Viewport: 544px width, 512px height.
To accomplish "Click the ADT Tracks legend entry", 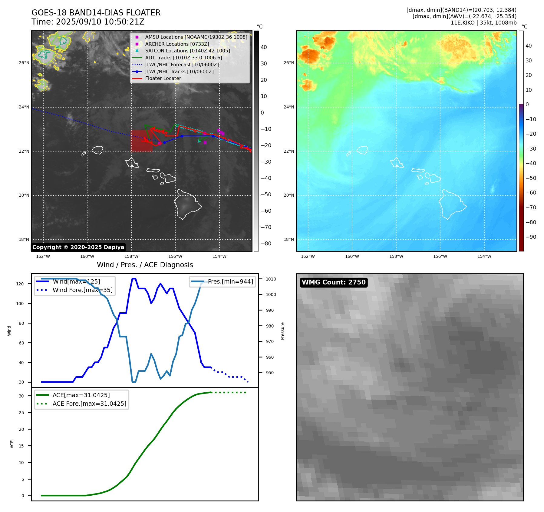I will tap(183, 58).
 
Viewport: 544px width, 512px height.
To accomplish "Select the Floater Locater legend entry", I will tap(163, 78).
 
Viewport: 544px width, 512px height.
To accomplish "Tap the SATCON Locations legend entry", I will tap(187, 51).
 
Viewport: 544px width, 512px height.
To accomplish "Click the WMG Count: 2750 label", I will tap(334, 282).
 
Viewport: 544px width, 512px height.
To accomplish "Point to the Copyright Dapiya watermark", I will tap(78, 247).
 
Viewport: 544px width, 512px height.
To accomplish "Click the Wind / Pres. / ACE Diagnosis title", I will tap(145, 265).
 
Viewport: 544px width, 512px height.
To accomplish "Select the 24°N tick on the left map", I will tap(24, 107).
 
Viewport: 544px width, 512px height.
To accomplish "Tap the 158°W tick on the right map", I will tap(396, 256).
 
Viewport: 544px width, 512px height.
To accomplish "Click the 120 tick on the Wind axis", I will tap(20, 284).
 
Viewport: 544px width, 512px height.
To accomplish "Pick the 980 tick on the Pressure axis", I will tap(270, 326).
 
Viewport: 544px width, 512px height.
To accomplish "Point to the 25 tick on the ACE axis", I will tap(21, 413).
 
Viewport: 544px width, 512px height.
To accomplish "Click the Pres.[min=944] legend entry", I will tap(230, 281).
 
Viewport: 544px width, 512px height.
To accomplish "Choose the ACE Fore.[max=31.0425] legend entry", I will tap(89, 404).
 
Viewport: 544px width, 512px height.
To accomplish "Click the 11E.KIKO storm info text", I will tap(483, 23).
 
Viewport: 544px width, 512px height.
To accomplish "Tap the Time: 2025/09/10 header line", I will tap(88, 22).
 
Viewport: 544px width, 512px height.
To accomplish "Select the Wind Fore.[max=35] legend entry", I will tap(82, 290).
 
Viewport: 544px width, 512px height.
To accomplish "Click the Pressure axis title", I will tap(282, 331).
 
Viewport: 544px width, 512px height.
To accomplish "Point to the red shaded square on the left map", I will tap(141, 141).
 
